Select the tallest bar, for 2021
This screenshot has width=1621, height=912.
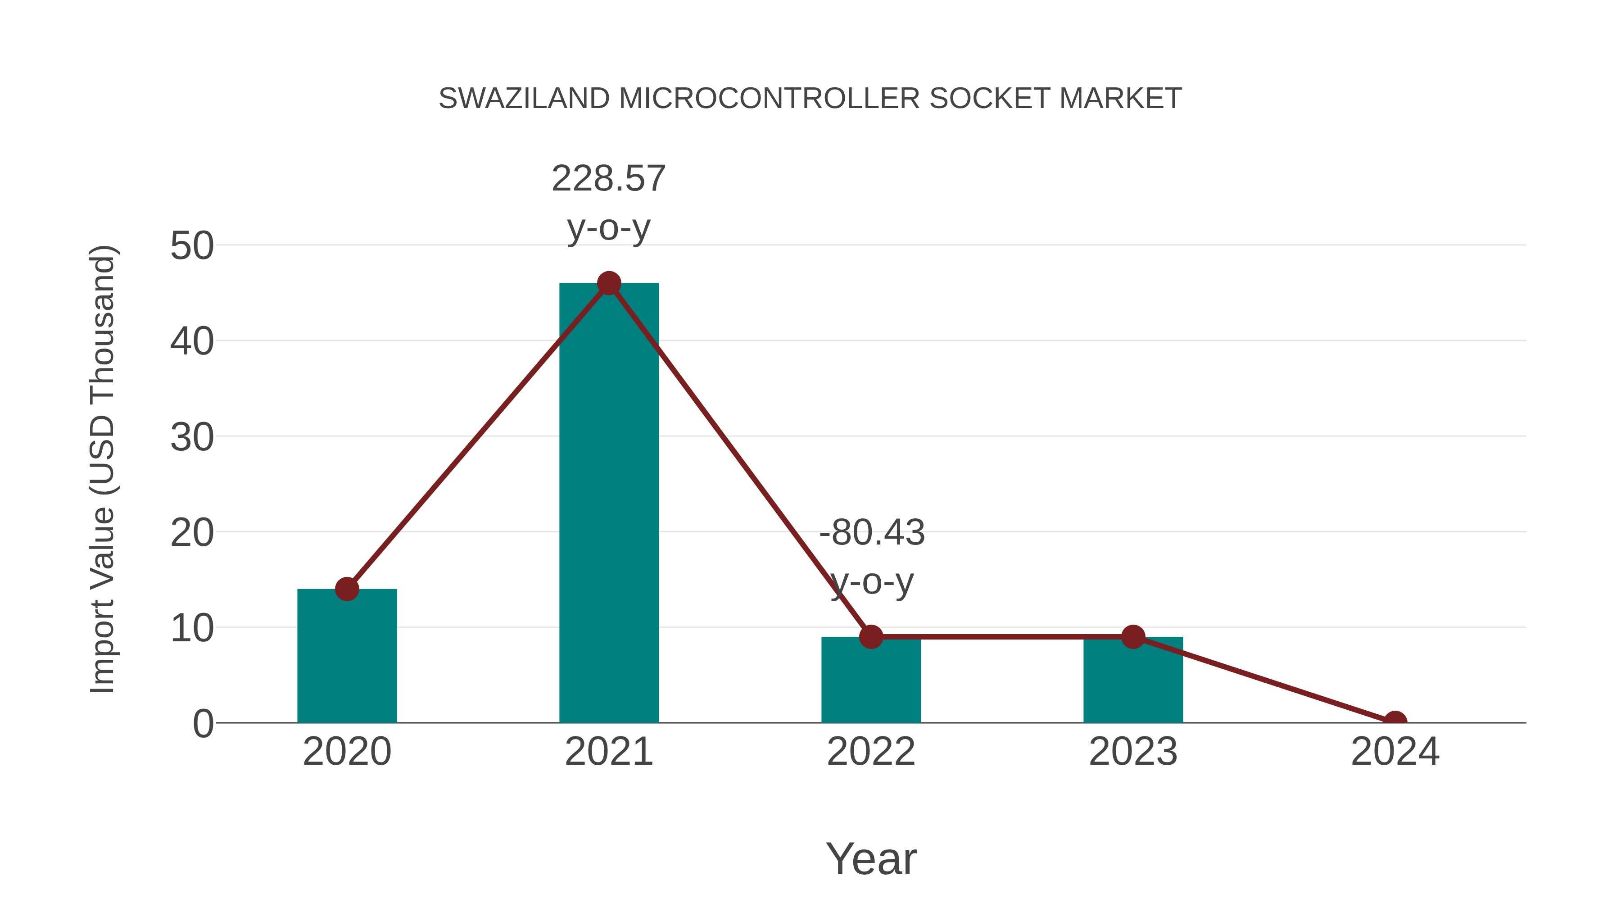608,504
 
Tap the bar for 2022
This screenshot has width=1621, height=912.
871,683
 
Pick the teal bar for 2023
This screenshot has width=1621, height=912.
1133,683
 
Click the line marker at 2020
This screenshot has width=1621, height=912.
347,589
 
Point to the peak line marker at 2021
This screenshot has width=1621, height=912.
608,283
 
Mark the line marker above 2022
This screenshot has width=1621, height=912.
871,637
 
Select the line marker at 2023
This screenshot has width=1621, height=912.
1133,637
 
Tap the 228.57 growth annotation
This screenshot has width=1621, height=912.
608,179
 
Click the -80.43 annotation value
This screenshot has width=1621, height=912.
872,533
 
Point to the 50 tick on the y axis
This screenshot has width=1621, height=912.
192,246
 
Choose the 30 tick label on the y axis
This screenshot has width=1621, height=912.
192,437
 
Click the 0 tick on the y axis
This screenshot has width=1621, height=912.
203,724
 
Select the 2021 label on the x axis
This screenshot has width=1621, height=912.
608,752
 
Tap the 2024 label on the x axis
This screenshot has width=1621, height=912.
1395,752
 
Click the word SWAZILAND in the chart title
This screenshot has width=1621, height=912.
524,99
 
